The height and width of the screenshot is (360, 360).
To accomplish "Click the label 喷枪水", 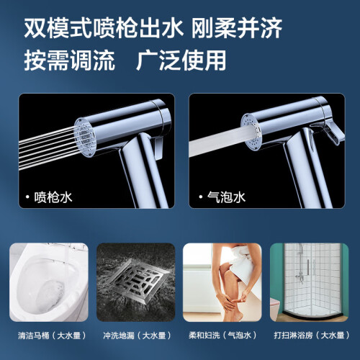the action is click(53, 197).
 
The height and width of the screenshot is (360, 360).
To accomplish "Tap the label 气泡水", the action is click(226, 197).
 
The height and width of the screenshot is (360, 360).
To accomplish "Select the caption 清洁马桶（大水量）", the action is click(52, 336).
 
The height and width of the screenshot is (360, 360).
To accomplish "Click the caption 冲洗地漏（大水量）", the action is click(138, 336).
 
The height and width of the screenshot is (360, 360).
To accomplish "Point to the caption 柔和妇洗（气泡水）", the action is click(222, 336).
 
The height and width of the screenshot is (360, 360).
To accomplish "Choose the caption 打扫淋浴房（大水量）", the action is click(312, 336).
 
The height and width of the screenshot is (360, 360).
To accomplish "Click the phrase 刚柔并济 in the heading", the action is click(236, 28).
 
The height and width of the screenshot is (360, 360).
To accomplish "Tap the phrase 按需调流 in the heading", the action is click(69, 60).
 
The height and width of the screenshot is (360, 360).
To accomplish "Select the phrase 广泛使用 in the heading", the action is click(181, 60).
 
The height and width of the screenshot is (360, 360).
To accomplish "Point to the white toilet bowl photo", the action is click(49, 282).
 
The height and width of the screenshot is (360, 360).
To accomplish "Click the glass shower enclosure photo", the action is click(310, 282).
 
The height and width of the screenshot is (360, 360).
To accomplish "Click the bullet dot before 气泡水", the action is click(201, 197).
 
